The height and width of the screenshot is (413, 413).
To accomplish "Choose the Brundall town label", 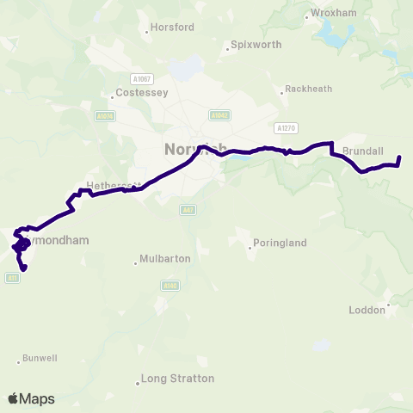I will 362,151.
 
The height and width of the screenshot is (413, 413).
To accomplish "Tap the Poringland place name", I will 279,243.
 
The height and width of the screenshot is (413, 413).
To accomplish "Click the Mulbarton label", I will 166,258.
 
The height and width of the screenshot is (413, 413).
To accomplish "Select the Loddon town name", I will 367,310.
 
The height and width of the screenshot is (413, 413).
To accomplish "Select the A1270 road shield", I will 286,127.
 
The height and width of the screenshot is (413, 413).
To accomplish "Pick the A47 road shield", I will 188,209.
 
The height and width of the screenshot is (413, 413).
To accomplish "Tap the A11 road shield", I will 12,277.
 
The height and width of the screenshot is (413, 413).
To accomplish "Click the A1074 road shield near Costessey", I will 106,116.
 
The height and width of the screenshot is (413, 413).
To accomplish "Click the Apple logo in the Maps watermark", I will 14,398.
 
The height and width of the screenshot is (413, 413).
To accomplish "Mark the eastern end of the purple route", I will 399,157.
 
